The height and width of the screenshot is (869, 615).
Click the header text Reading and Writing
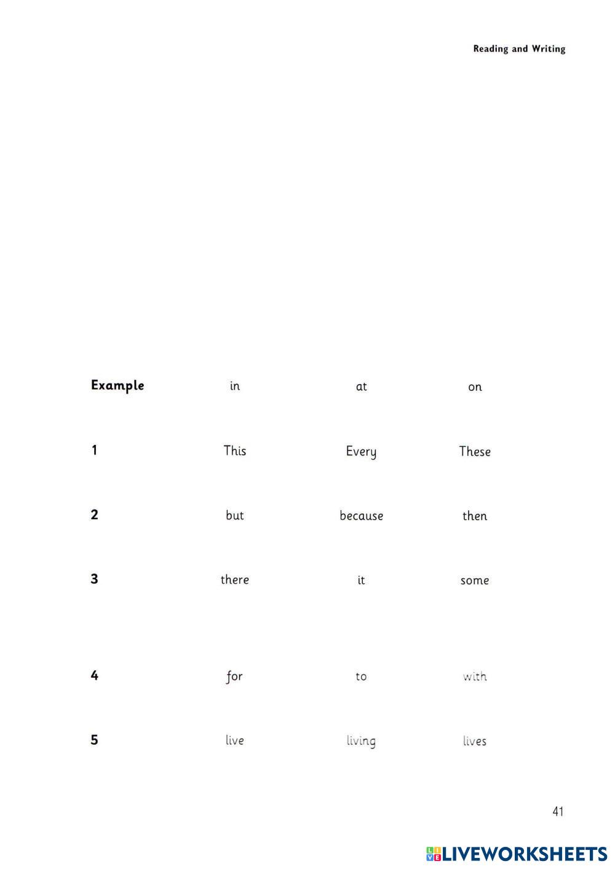(519, 49)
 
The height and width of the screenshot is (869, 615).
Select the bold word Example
(117, 386)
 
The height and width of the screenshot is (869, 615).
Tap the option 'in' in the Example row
(235, 387)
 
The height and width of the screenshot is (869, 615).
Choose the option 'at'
(361, 387)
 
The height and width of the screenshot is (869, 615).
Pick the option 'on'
(475, 387)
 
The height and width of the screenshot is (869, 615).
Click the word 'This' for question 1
(235, 451)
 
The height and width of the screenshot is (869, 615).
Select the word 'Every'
(361, 452)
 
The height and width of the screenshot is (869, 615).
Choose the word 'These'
(475, 452)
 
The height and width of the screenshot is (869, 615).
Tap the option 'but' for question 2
(235, 516)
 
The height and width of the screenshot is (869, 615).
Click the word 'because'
(361, 516)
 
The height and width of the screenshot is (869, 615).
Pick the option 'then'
(475, 516)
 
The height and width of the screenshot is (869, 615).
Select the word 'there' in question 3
(235, 580)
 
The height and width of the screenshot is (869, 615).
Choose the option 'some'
(475, 581)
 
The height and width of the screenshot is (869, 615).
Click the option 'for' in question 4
(234, 677)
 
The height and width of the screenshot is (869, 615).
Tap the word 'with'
(475, 677)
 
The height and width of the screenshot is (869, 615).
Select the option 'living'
(361, 741)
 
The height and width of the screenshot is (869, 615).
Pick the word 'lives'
(475, 741)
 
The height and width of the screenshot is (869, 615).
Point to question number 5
(94, 740)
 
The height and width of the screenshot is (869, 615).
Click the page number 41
(558, 812)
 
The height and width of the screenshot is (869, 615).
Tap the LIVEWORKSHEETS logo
(517, 854)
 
